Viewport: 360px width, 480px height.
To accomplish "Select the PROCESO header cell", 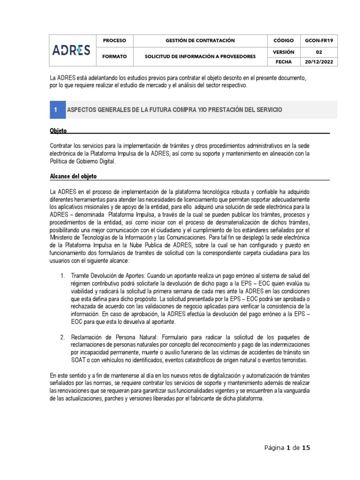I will pyautogui.click(x=114, y=41).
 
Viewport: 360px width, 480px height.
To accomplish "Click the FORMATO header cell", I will pyautogui.click(x=114, y=56).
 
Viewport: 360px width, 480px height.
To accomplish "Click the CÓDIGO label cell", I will pyautogui.click(x=284, y=41).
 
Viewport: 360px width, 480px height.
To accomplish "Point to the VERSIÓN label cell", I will pyautogui.click(x=284, y=52).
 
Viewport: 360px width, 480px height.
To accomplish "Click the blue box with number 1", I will pyautogui.click(x=56, y=109).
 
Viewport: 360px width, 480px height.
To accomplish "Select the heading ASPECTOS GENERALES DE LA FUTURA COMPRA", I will pyautogui.click(x=174, y=109).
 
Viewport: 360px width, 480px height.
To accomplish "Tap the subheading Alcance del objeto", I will pyautogui.click(x=73, y=176).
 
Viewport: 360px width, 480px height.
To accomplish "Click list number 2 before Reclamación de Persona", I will pyautogui.click(x=62, y=337).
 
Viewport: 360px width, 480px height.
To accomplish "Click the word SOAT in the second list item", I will pyautogui.click(x=79, y=360).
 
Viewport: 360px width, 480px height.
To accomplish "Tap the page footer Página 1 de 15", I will pyautogui.click(x=286, y=448).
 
